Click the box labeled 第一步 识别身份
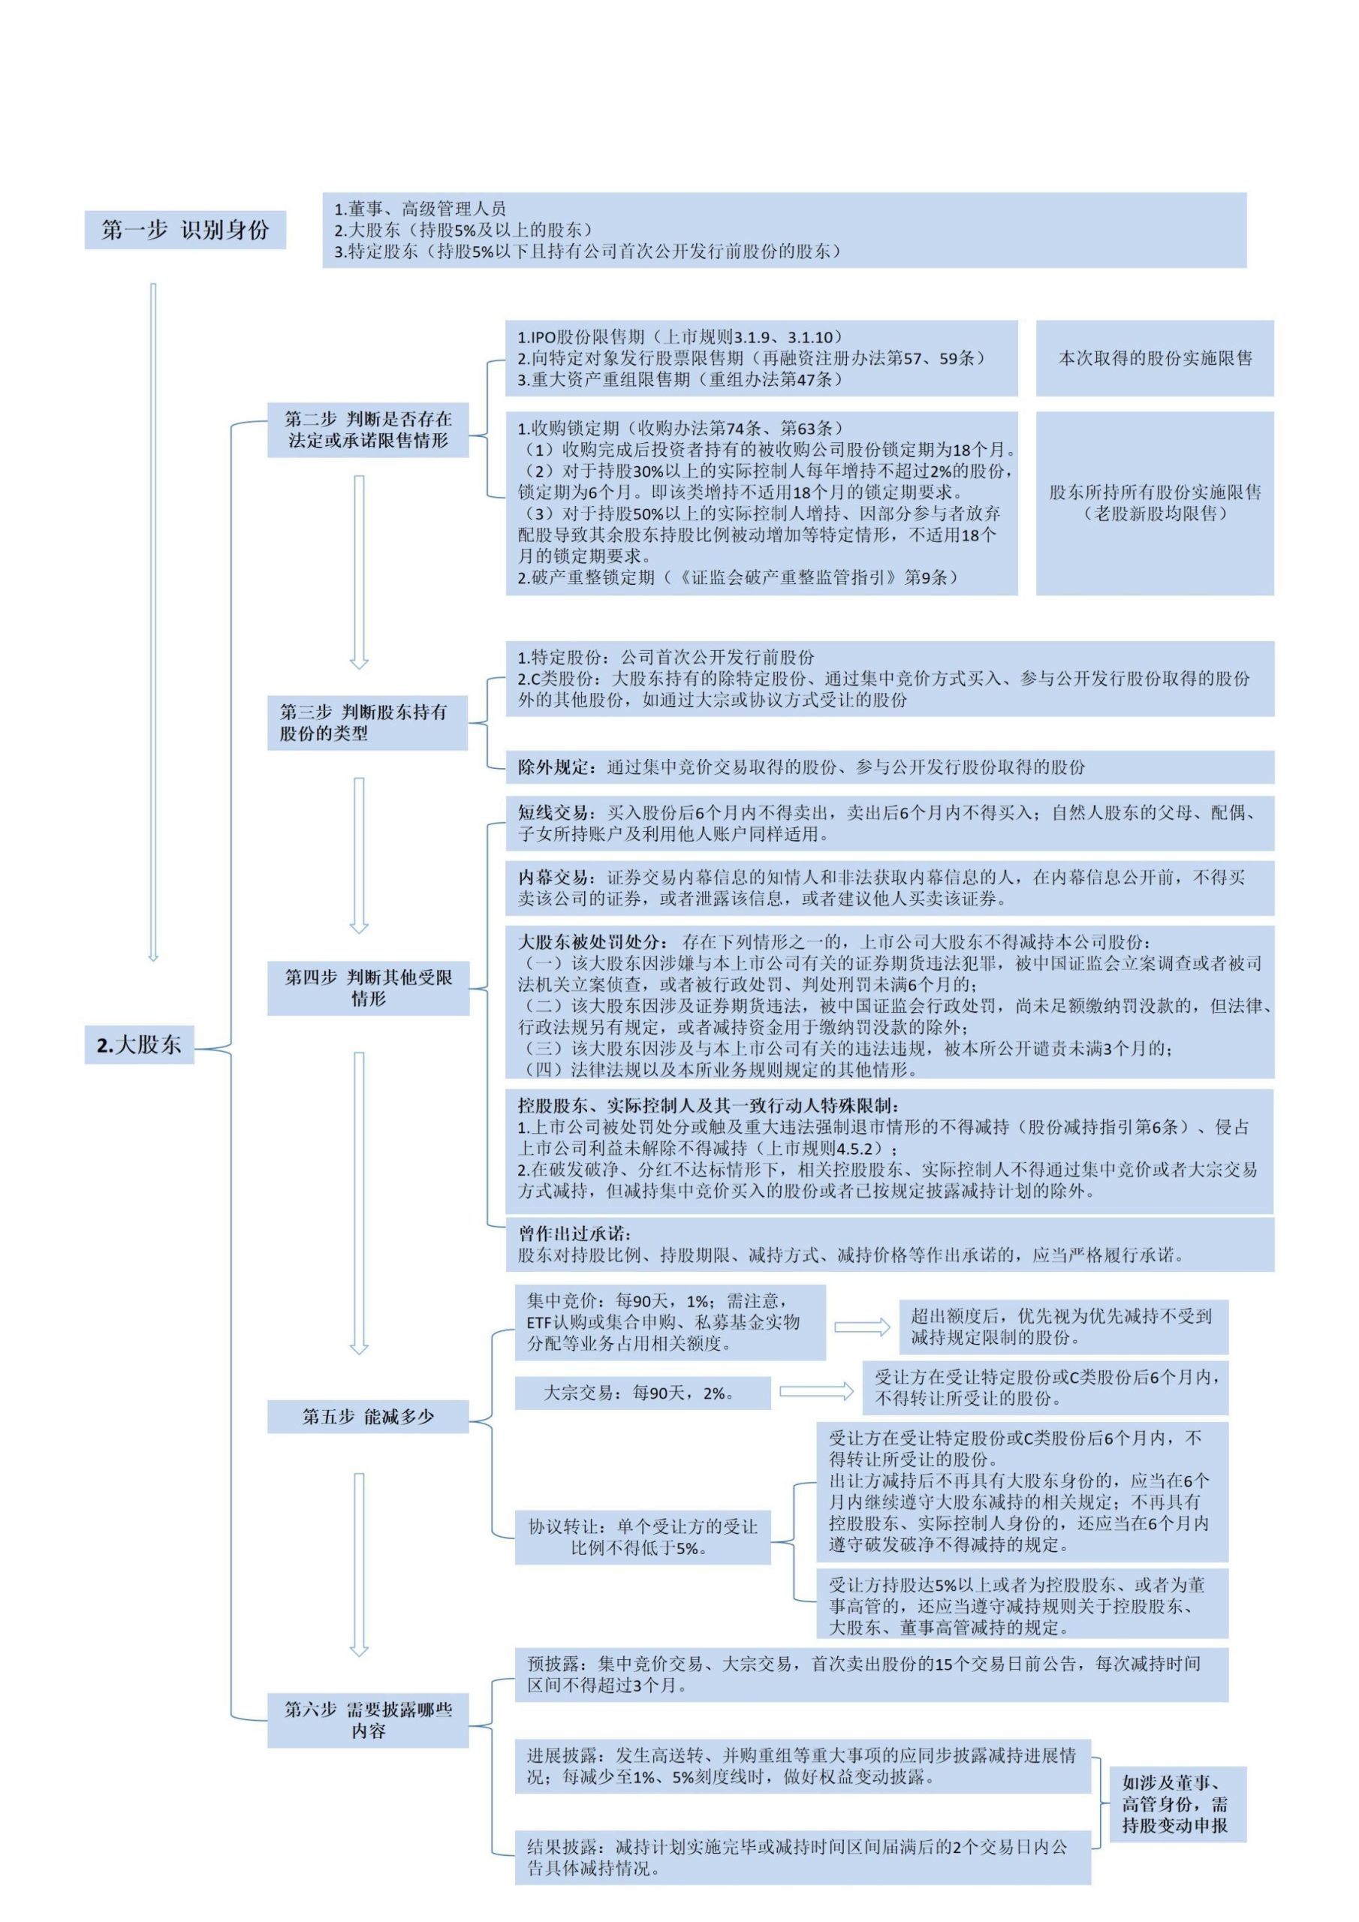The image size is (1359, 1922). point(185,230)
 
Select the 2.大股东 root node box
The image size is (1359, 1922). point(139,1044)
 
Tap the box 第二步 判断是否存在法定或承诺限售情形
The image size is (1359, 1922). point(368,429)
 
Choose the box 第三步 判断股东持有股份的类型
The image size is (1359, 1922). point(368,722)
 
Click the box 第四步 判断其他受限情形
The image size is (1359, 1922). point(369,988)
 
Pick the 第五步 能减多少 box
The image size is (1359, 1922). point(369,1417)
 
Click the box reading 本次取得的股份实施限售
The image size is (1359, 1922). point(1155,358)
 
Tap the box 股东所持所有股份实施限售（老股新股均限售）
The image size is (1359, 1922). point(1155,503)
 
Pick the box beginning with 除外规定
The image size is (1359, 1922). point(890,767)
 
